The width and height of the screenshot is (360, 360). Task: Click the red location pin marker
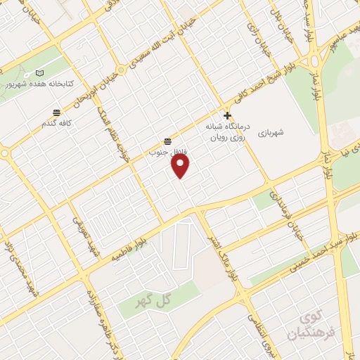coord(181,166)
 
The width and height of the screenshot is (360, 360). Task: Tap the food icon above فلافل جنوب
coord(167,141)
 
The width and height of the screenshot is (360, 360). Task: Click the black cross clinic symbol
coord(227,115)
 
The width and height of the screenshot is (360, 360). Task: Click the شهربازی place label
coord(270,131)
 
